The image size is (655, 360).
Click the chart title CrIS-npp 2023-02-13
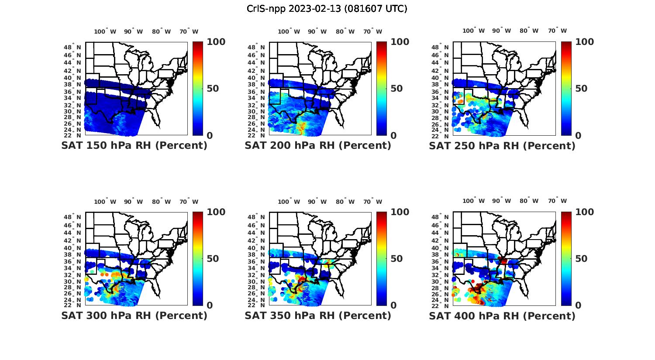pos(327,9)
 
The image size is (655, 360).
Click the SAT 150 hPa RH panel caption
pos(134,146)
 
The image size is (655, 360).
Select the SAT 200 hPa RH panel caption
pos(318,146)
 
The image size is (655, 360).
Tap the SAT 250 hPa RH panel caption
pos(502,146)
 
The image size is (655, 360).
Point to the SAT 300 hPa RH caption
pos(134,315)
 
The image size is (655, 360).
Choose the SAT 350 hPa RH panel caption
pos(318,315)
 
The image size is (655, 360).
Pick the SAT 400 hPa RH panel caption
pos(502,315)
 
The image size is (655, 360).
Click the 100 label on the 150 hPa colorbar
pos(216,42)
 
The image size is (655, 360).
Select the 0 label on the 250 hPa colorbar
pos(578,136)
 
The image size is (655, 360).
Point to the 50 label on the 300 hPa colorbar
pos(213,259)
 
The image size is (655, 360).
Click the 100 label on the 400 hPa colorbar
pos(585,212)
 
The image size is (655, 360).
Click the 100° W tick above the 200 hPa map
pos(289,31)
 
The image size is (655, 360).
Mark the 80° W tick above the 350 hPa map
pos(342,202)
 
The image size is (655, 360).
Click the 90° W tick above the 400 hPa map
pos(502,201)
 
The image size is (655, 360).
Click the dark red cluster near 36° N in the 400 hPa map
pos(503,261)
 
